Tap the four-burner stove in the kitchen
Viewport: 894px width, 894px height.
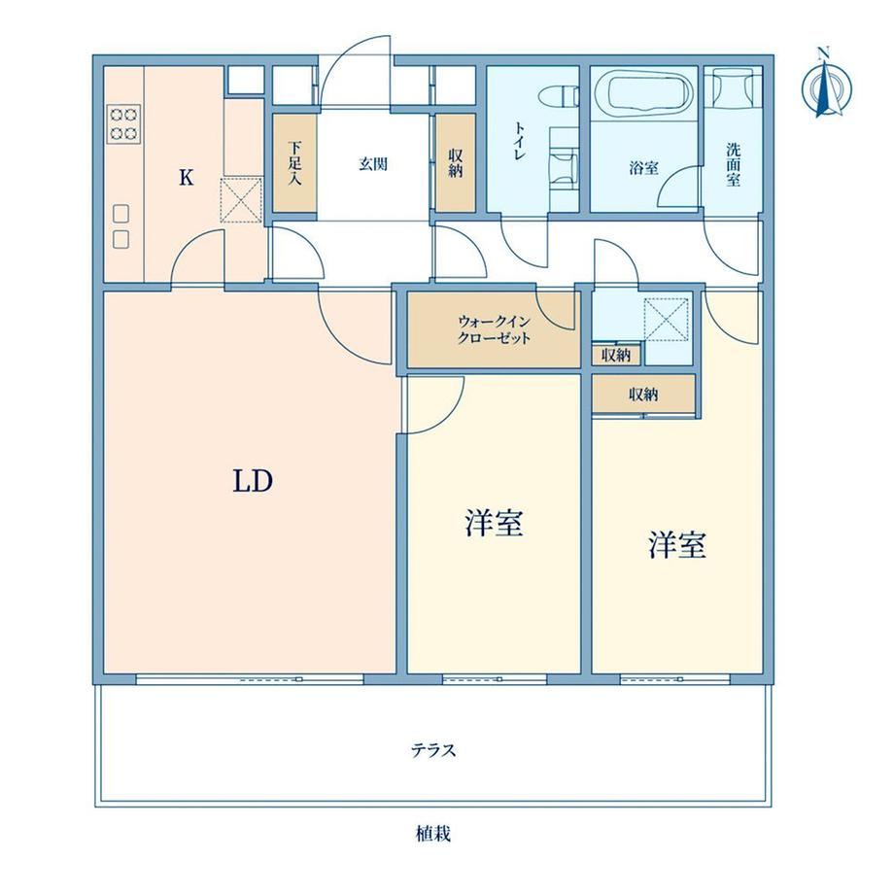click(123, 123)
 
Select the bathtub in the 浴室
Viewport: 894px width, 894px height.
click(643, 91)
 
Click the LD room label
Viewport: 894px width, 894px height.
click(253, 481)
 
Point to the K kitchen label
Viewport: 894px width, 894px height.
click(186, 178)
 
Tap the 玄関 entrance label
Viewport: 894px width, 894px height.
click(373, 164)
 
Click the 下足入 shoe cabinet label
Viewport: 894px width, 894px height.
click(294, 163)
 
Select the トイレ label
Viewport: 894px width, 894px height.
click(519, 141)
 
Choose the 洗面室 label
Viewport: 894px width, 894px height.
click(734, 165)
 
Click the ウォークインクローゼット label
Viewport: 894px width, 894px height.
click(495, 329)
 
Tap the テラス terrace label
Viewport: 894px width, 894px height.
click(434, 750)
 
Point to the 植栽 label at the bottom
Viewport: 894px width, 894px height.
click(434, 834)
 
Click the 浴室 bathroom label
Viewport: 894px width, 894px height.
click(643, 167)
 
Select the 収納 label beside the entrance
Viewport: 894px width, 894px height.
click(455, 163)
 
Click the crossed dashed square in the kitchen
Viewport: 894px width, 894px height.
click(241, 199)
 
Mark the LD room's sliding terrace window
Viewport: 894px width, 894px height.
click(250, 679)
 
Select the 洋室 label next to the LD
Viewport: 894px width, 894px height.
click(495, 523)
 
